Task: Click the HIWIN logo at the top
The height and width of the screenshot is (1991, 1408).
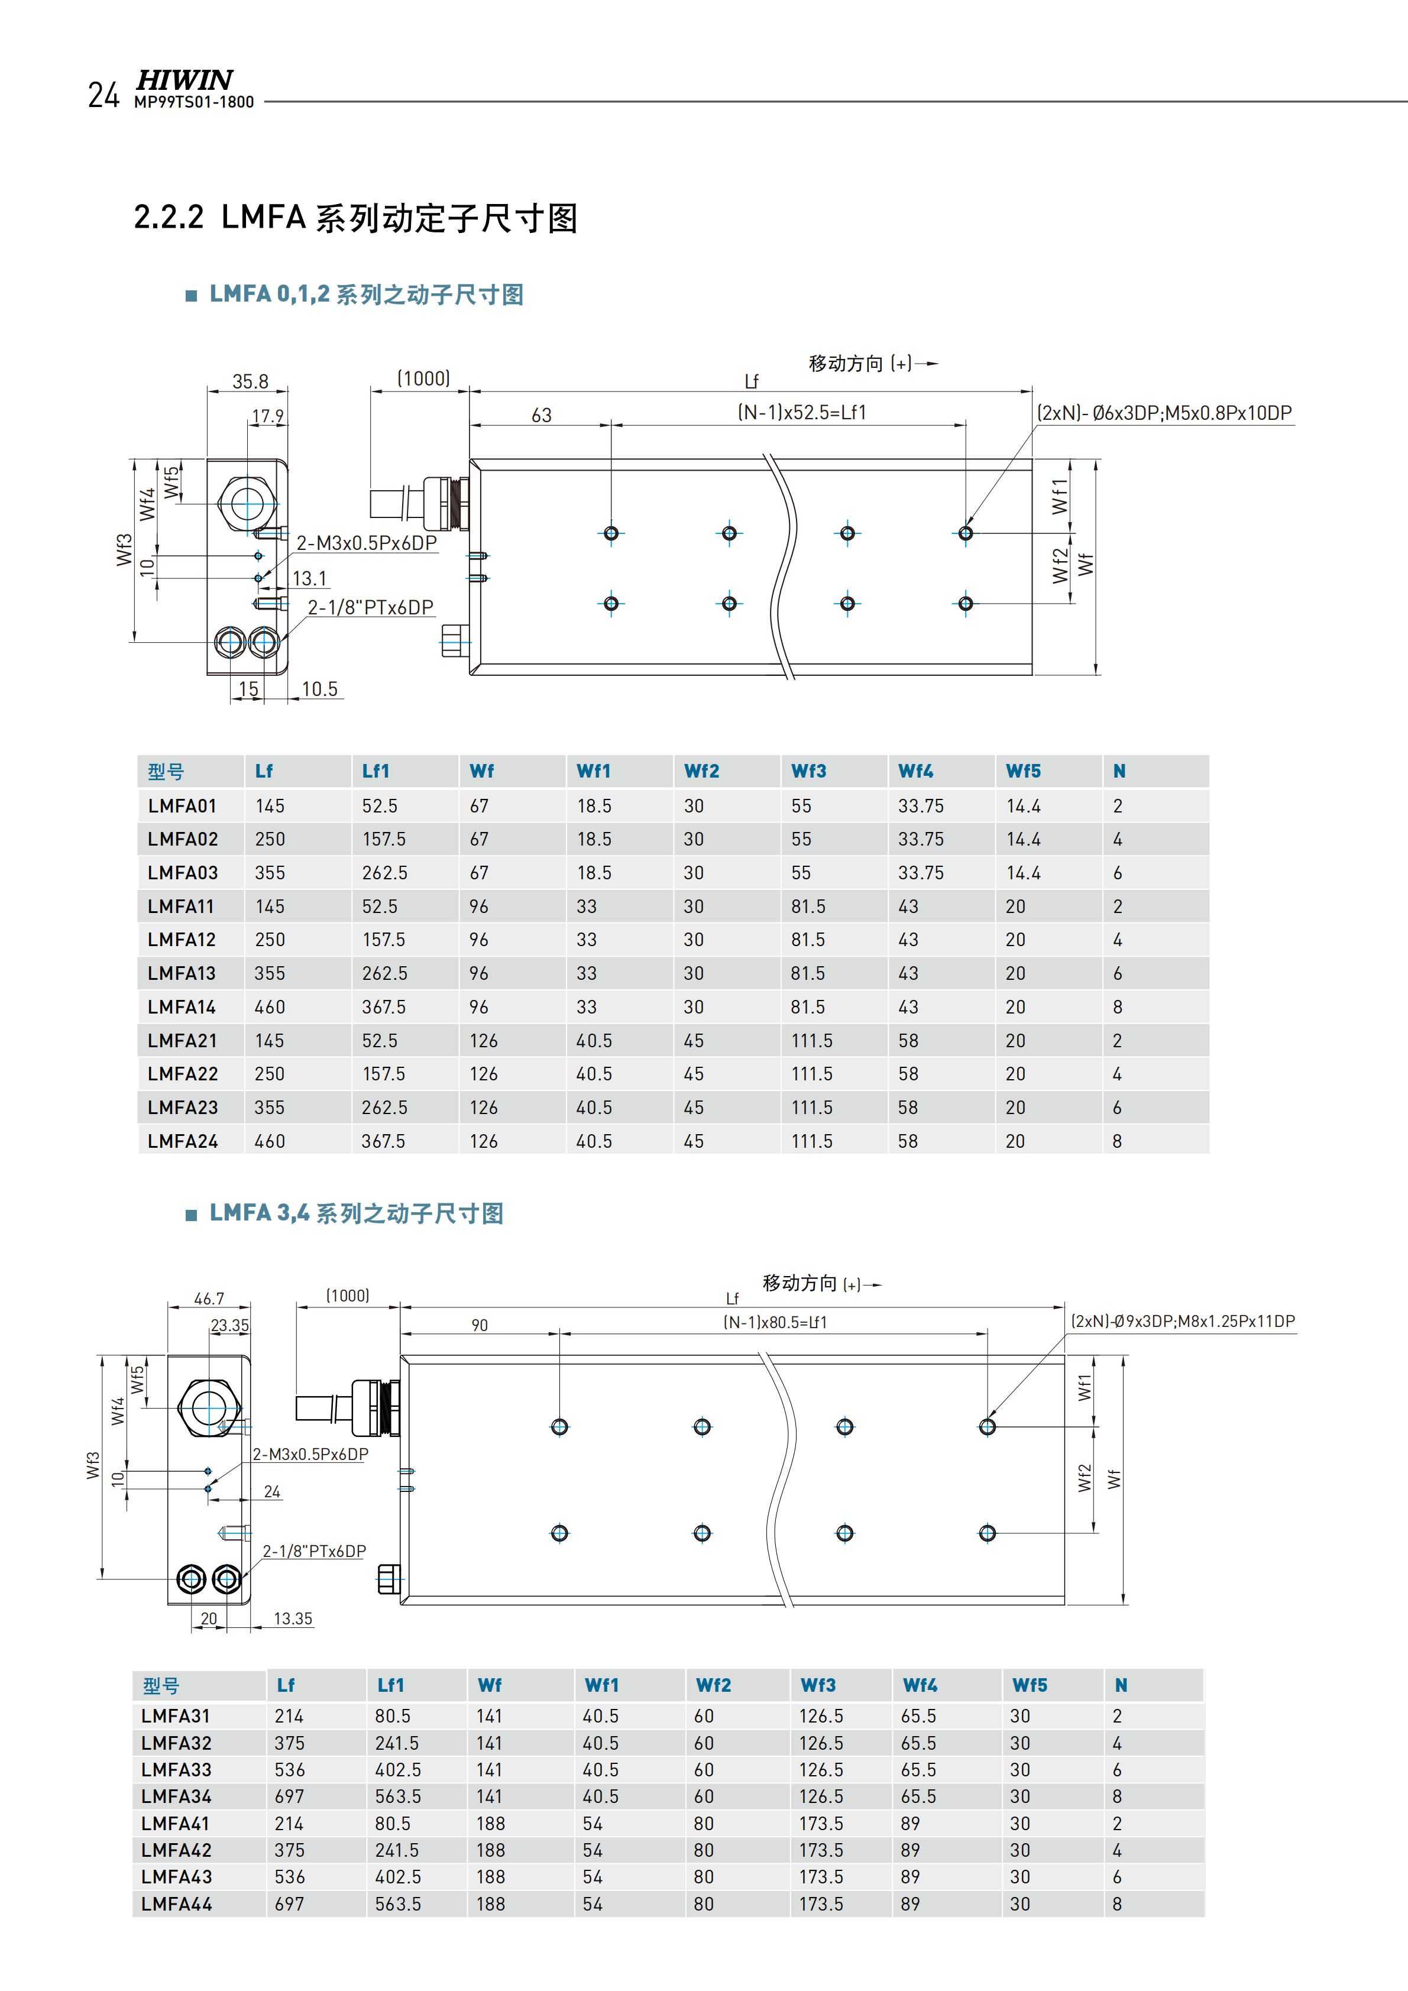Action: click(184, 80)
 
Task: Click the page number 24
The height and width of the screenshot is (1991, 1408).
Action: click(103, 95)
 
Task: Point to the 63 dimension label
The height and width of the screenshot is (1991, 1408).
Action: click(541, 415)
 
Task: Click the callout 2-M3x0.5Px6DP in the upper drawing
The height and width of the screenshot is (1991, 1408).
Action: click(366, 543)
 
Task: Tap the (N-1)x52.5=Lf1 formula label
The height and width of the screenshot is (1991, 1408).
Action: click(802, 413)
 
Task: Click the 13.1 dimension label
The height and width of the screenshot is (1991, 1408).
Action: click(309, 578)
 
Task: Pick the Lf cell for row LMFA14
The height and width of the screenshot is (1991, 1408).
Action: click(270, 1007)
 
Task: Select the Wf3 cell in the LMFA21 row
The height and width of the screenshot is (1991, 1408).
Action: click(811, 1041)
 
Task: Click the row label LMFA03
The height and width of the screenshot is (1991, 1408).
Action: click(183, 872)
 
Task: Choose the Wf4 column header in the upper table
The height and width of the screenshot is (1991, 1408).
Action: click(915, 771)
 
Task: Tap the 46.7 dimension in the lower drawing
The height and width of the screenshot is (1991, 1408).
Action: click(209, 1298)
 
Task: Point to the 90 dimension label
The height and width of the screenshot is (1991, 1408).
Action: click(480, 1325)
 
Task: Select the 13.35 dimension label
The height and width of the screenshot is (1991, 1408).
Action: click(293, 1618)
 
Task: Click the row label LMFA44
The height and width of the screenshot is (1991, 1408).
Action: click(177, 1903)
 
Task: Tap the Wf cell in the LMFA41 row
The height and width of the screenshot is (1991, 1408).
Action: click(491, 1824)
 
